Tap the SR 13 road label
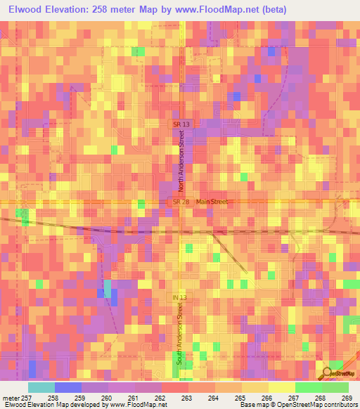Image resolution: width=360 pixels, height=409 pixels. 181,124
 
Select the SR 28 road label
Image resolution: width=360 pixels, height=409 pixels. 181,202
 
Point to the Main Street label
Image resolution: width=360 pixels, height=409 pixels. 212,202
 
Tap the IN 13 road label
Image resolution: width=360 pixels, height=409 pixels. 180,298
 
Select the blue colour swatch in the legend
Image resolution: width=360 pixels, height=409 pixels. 67,387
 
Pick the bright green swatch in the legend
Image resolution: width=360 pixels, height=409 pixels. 308,387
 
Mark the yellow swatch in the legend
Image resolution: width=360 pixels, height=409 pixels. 281,387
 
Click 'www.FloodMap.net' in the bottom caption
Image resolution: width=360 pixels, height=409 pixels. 141,405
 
